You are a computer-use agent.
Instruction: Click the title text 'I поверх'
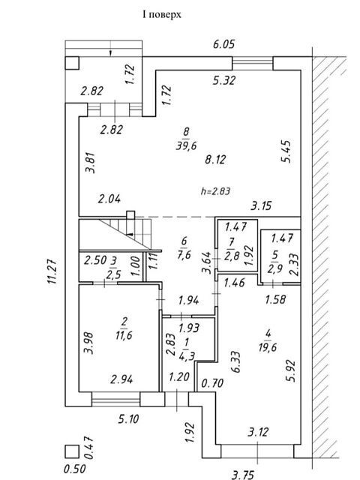point(162,14)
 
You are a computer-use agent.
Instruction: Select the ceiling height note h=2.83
point(215,191)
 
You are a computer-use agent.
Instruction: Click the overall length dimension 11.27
point(52,271)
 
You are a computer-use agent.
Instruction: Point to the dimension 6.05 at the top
point(223,44)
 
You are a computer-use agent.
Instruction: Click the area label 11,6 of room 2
point(124,335)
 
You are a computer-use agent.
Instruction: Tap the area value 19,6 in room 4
point(268,346)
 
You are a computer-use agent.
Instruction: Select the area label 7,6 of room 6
point(184,254)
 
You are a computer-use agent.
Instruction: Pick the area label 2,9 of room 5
point(274,269)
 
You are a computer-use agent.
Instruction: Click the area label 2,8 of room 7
point(232,256)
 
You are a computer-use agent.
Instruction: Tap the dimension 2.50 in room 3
point(95,260)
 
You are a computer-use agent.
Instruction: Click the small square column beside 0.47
point(72,451)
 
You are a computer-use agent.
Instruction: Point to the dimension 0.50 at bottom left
point(75,469)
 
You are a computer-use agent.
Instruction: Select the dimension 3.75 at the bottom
point(243,475)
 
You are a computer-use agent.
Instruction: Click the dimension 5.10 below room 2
point(128,418)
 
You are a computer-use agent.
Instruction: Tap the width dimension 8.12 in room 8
point(215,160)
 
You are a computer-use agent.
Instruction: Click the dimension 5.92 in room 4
point(291,370)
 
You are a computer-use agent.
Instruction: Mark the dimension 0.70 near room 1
point(212,382)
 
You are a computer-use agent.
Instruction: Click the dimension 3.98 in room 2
point(89,343)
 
